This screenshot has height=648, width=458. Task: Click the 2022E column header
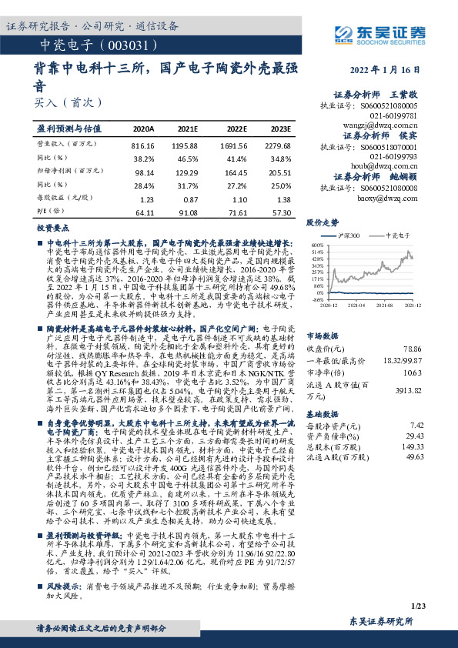pyautogui.click(x=237, y=129)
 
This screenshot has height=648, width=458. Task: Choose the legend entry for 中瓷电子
pyautogui.click(x=396, y=235)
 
